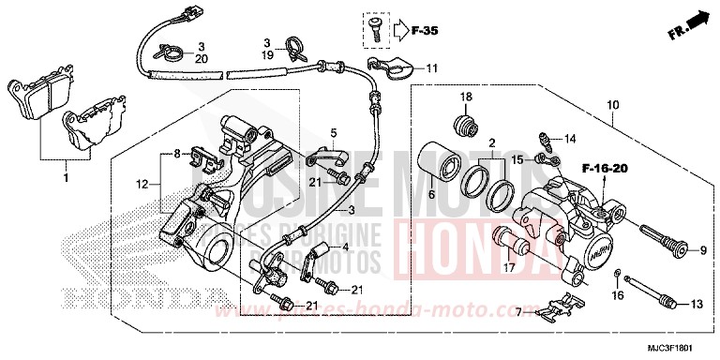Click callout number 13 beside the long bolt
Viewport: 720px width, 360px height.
697,306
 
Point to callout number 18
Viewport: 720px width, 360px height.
464,98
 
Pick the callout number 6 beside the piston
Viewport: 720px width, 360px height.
431,195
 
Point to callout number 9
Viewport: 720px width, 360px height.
700,249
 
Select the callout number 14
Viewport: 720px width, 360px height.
570,141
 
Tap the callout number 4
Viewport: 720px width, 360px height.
345,248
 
